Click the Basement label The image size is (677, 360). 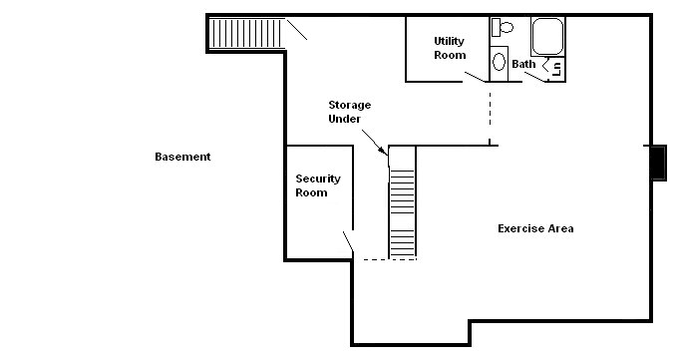point(182,157)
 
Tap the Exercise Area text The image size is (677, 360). point(535,228)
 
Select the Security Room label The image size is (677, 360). point(317,185)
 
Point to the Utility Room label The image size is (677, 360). point(450,48)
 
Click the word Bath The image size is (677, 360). point(523,65)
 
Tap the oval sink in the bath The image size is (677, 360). point(500,58)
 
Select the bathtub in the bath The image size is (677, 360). point(547,37)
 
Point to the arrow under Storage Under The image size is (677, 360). point(382,146)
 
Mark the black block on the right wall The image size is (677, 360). point(658,162)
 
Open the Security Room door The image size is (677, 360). point(349,242)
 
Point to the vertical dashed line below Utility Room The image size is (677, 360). point(490,113)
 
